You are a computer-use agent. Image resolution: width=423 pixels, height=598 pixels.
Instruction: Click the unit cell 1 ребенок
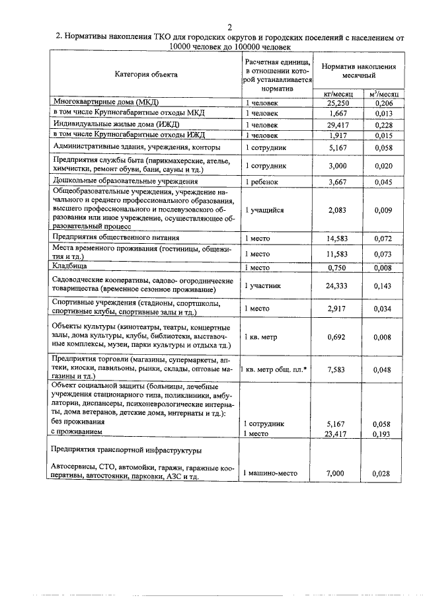point(264,182)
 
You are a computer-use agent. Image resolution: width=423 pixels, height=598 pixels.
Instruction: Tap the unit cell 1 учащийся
point(265,210)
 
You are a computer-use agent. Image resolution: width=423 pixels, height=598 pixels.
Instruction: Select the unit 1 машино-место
point(272,474)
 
